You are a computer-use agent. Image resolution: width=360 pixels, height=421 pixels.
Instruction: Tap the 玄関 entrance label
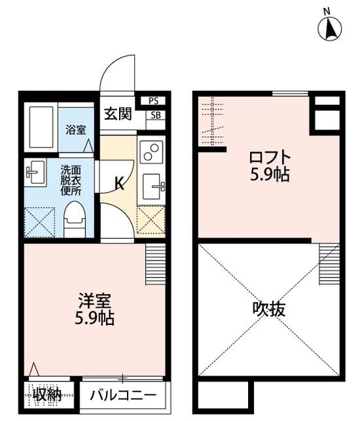click(118, 112)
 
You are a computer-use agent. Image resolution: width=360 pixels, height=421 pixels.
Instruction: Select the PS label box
click(153, 101)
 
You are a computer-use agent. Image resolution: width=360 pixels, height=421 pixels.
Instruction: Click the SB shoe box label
click(155, 115)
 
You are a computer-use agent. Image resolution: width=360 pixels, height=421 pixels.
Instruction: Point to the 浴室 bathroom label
click(75, 130)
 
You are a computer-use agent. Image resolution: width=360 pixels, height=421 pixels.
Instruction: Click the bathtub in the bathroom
click(40, 128)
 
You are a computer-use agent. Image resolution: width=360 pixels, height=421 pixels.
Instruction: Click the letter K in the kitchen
click(120, 184)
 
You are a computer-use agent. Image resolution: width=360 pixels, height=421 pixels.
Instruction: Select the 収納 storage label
click(47, 396)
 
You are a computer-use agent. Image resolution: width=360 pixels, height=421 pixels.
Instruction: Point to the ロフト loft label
click(269, 159)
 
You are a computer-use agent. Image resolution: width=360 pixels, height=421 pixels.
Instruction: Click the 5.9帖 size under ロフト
click(269, 175)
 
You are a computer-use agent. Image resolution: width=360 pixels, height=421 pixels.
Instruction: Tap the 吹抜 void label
click(269, 309)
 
